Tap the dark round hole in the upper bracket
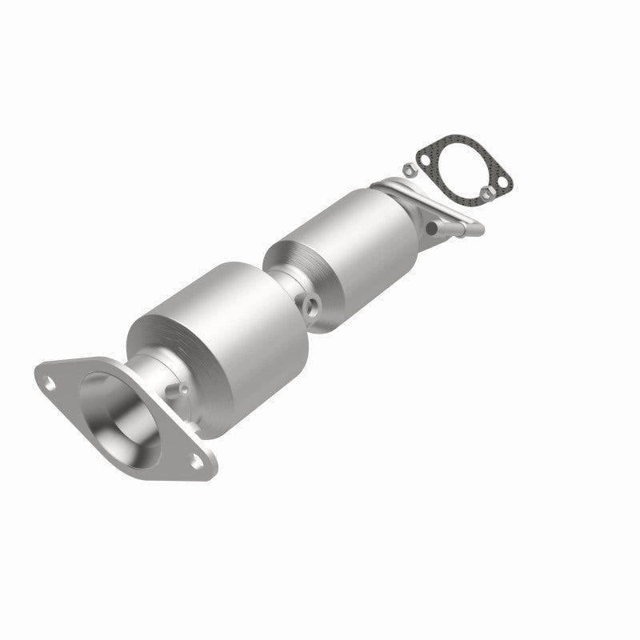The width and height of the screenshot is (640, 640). tap(431, 227)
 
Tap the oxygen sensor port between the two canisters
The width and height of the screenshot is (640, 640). tap(310, 304)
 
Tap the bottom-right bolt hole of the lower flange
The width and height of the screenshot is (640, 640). tap(194, 458)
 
